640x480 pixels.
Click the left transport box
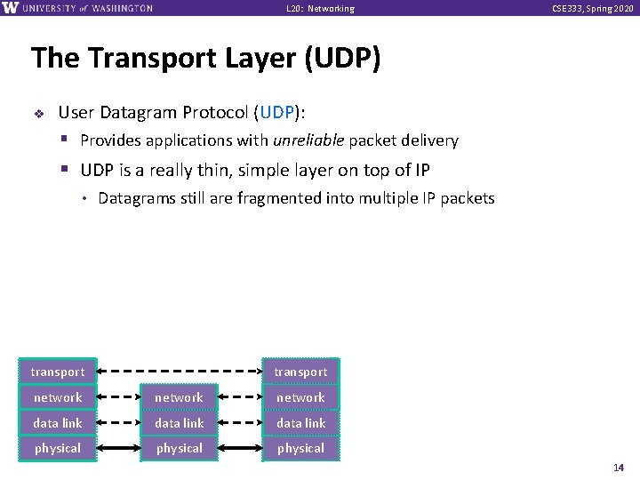point(58,372)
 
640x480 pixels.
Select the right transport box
point(300,372)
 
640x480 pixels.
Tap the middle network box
point(179,397)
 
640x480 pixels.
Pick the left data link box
point(58,423)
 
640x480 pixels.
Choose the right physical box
point(300,448)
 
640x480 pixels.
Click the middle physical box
point(179,448)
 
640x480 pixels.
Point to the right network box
point(300,397)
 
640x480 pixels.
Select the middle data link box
point(179,423)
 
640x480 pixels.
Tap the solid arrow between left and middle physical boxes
point(118,448)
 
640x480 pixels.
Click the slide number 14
point(619,468)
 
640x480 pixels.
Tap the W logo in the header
point(12,8)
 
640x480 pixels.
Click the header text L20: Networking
point(320,9)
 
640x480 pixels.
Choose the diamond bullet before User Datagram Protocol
point(38,114)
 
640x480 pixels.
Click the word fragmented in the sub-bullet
point(280,198)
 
